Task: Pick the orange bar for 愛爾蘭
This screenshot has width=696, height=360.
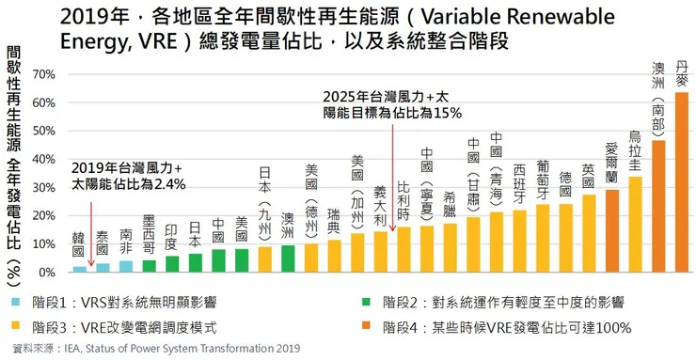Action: (x=612, y=231)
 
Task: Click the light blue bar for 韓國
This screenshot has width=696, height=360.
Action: (x=79, y=269)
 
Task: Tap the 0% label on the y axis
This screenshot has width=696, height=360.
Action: (x=45, y=273)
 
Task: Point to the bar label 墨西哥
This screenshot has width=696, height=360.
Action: (x=149, y=234)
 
